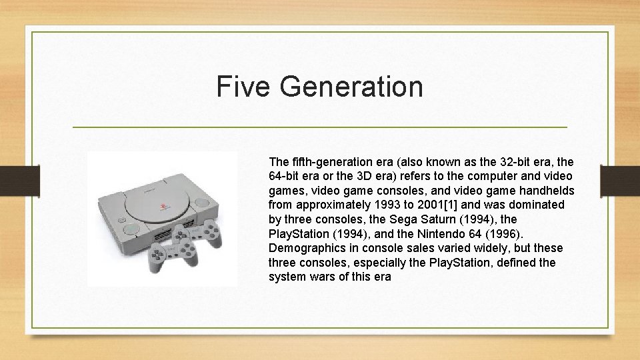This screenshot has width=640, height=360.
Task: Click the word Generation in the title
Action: tap(351, 87)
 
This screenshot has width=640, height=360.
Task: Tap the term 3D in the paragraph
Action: tap(395, 176)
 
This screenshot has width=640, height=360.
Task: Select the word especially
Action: tap(377, 262)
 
